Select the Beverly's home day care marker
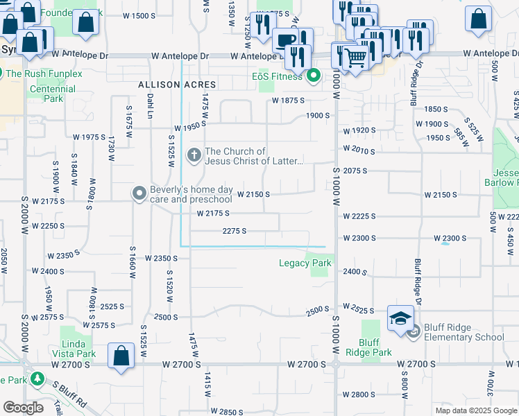[x=140, y=194]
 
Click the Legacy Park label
[x=305, y=263]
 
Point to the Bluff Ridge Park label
[x=375, y=347]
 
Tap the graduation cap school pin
[x=400, y=318]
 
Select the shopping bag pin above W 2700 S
[x=121, y=356]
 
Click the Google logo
[x=23, y=408]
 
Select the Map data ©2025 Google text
[x=476, y=410]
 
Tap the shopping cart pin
[x=355, y=59]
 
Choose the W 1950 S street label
[x=192, y=128]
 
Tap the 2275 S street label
[x=235, y=231]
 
